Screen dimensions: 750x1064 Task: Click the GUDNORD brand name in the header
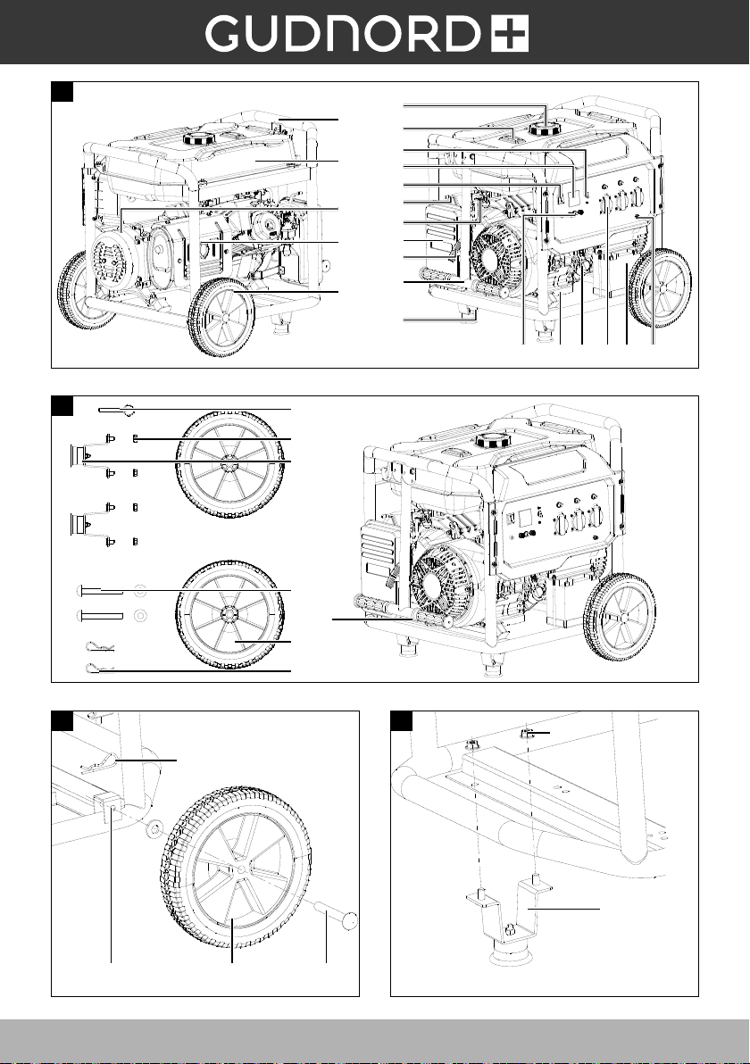pyautogui.click(x=346, y=35)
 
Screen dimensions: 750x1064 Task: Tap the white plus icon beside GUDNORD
pyautogui.click(x=510, y=35)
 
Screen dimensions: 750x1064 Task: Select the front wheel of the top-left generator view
pyautogui.click(x=221, y=317)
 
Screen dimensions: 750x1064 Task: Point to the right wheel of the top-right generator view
pyautogui.click(x=660, y=288)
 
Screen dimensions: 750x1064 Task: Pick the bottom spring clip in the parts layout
pyautogui.click(x=99, y=669)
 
